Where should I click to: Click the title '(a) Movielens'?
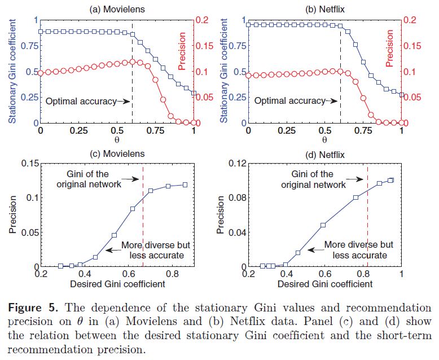click(x=117, y=10)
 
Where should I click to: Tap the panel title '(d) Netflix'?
click(x=324, y=153)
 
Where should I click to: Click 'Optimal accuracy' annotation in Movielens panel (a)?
click(x=80, y=102)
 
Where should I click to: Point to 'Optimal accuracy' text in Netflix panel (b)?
click(x=289, y=102)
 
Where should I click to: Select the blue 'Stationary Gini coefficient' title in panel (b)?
click(x=223, y=71)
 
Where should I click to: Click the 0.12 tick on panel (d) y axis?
click(x=232, y=164)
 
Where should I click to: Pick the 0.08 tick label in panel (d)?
click(x=232, y=198)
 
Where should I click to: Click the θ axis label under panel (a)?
click(x=117, y=139)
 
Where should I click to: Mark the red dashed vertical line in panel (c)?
click(x=143, y=226)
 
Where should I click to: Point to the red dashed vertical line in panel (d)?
click(x=368, y=226)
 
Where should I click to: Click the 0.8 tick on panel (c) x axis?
click(x=169, y=274)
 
